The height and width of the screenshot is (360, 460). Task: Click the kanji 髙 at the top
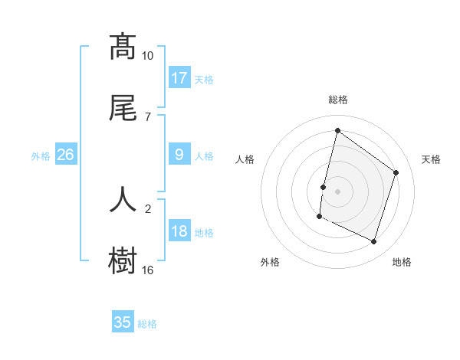(x=123, y=47)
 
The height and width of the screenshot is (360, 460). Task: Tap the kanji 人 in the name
(x=123, y=198)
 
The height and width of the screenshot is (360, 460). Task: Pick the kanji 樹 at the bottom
(x=123, y=260)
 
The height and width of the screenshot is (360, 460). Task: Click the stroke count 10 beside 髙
(x=148, y=56)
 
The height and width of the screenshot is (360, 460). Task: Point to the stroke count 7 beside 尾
(x=148, y=117)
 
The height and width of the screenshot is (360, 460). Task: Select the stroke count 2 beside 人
(x=148, y=208)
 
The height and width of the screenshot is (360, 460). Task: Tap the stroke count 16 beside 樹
(x=148, y=270)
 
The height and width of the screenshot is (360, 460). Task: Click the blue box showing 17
(x=179, y=78)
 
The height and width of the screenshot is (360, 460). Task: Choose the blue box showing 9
(x=179, y=155)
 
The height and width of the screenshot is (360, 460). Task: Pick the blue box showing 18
(x=179, y=231)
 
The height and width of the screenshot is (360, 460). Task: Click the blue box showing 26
(x=66, y=155)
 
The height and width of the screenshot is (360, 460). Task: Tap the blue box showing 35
(x=123, y=322)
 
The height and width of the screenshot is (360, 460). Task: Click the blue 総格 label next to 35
(x=147, y=323)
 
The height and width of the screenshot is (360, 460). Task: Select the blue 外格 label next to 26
(x=41, y=155)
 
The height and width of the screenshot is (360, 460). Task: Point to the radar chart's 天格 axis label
(x=431, y=159)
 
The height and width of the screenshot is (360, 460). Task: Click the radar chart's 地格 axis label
(x=402, y=262)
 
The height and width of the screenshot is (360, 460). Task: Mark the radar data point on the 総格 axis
(x=337, y=131)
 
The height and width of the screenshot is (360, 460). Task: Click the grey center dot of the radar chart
(x=337, y=191)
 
